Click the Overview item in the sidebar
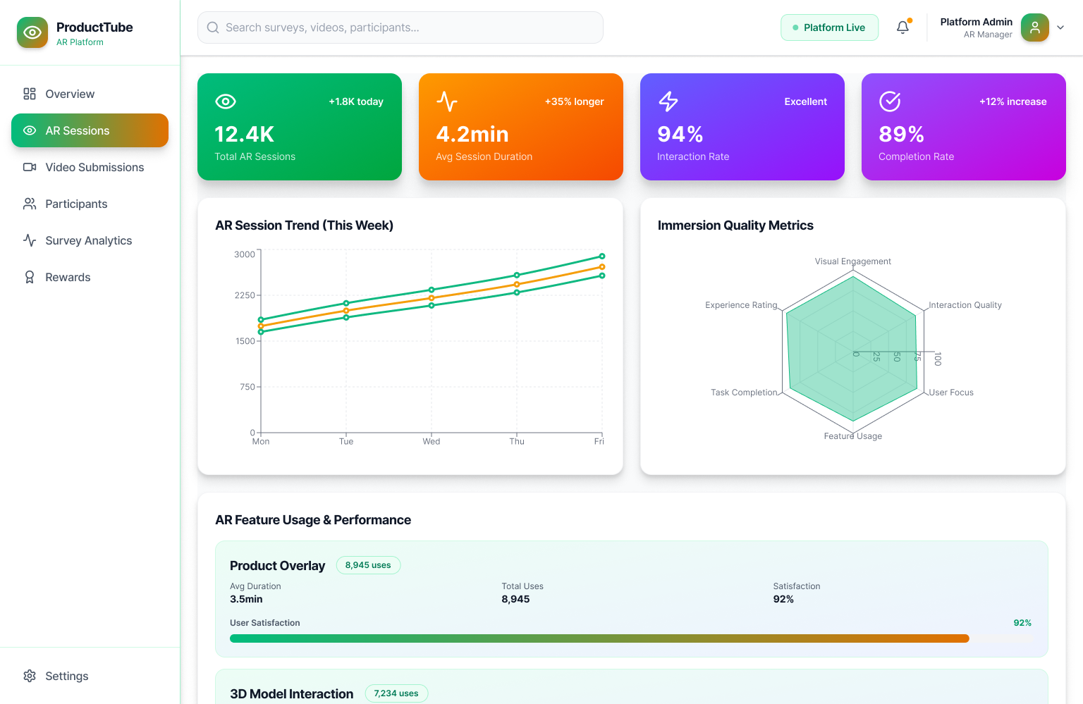[x=69, y=94]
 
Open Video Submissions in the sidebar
[x=94, y=167]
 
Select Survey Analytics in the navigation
[x=88, y=240]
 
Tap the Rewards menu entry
[x=68, y=277]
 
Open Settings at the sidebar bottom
[x=66, y=676]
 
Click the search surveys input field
[x=400, y=27]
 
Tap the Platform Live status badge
[x=829, y=27]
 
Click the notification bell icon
[x=902, y=27]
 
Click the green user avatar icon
[x=1034, y=27]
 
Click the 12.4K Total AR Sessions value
[x=244, y=134]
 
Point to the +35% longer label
[x=574, y=101]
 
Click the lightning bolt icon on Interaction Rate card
[x=668, y=101]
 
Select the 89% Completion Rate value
[x=901, y=134]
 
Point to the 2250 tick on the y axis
[x=245, y=295]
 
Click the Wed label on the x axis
[x=431, y=441]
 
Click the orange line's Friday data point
[x=601, y=267]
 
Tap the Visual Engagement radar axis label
[x=852, y=261]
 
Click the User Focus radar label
[x=950, y=393]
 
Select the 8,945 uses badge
[x=368, y=565]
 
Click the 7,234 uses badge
[x=396, y=693]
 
